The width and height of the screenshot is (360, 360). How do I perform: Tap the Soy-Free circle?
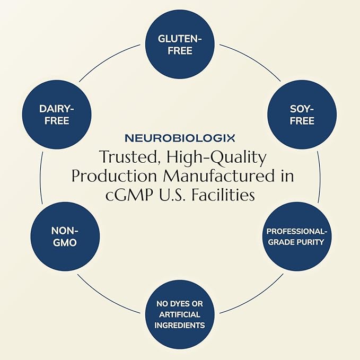(x=302, y=114)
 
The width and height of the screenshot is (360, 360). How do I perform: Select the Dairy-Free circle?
(x=56, y=114)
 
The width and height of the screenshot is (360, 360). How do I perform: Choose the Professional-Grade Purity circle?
(x=296, y=236)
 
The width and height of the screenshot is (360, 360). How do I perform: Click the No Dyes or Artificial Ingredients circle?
(x=179, y=314)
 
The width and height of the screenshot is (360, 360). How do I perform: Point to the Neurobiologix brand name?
(x=180, y=138)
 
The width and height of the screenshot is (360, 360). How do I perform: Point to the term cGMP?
(x=124, y=195)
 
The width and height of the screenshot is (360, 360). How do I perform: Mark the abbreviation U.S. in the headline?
(x=173, y=195)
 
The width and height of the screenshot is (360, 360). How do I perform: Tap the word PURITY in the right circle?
(x=311, y=242)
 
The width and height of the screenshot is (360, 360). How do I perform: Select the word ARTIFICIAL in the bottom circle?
(x=179, y=314)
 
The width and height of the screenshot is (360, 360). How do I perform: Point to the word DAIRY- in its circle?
(x=56, y=108)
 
